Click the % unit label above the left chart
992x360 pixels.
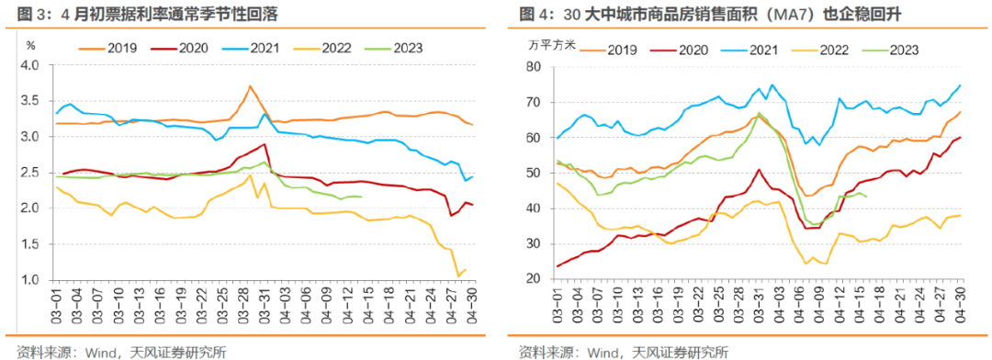pos(31,45)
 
